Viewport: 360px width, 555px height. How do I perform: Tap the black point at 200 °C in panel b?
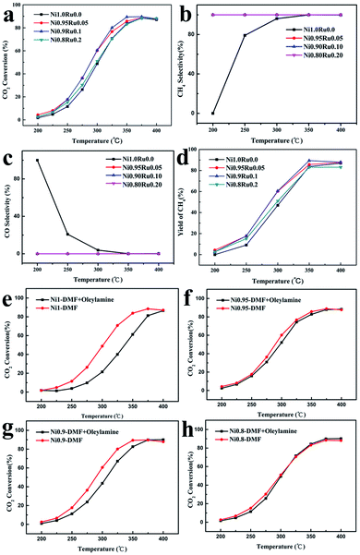[x=212, y=114]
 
